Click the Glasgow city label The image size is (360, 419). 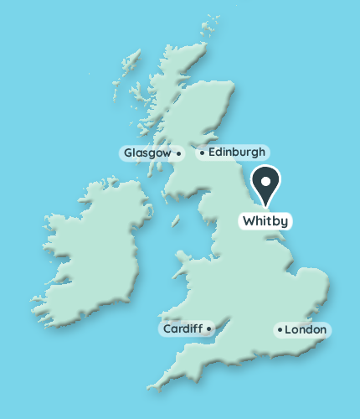coord(148,153)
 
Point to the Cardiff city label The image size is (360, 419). coord(183,329)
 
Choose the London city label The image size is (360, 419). coord(305,330)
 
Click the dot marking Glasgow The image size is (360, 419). coord(179,153)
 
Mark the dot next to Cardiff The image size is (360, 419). coord(208,329)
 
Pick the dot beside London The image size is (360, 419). coord(280,330)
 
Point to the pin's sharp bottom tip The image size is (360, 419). coord(266,205)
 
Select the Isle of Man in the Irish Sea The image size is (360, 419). coord(176,222)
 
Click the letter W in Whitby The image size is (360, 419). coord(248,222)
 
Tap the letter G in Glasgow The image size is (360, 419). coord(128,153)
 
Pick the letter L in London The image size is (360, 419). coord(288,330)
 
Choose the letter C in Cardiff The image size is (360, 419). coord(167,329)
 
